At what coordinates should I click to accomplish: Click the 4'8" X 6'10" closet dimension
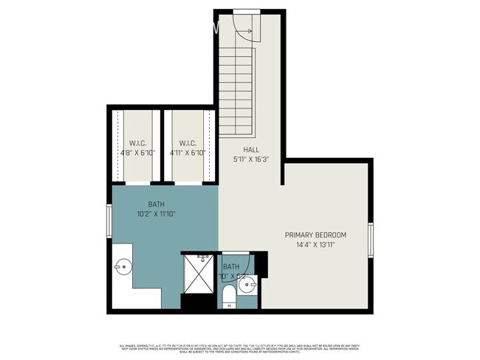[x=138, y=153]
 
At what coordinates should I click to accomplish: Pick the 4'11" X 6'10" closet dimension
[x=187, y=153]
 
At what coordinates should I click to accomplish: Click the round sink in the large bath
[x=123, y=266]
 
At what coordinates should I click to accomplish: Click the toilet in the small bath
[x=229, y=297]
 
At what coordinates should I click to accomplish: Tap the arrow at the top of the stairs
[x=246, y=32]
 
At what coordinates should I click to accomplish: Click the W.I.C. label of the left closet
[x=138, y=143]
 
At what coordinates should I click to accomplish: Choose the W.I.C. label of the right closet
[x=187, y=143]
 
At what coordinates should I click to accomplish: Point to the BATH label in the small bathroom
[x=232, y=267]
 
